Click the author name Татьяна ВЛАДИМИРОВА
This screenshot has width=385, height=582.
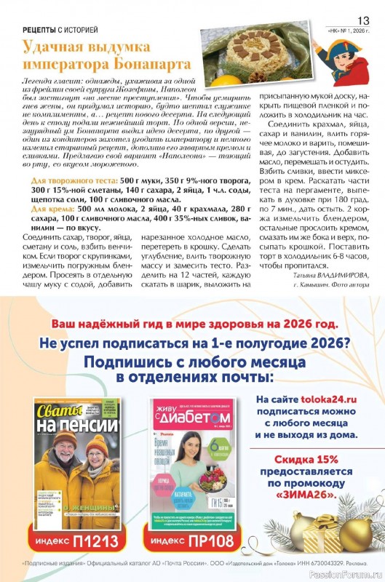[328, 274]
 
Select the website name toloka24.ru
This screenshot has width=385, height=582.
[330, 399]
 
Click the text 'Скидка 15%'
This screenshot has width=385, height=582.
[306, 461]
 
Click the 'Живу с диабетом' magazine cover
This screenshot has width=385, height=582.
[194, 463]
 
